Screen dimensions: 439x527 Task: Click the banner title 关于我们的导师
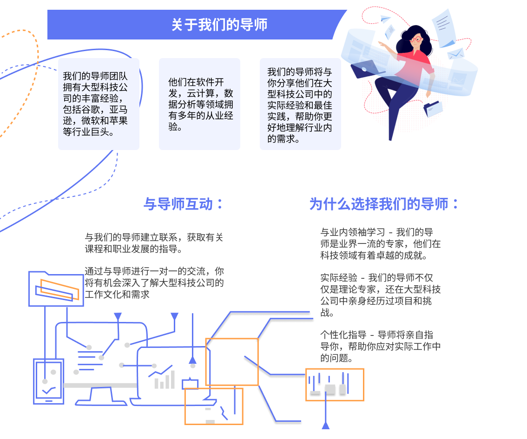(219, 25)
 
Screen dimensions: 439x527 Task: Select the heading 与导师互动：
(183, 204)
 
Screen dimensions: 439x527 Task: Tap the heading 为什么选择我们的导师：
(384, 204)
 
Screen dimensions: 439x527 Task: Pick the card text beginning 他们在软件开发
(201, 104)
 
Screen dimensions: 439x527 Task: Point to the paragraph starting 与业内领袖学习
(380, 243)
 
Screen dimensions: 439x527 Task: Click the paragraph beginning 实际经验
(380, 295)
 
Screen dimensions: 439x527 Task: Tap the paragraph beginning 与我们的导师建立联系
(154, 243)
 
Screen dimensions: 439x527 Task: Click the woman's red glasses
(417, 39)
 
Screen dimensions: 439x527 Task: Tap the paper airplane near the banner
(385, 19)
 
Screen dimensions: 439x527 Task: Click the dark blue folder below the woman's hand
(433, 108)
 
